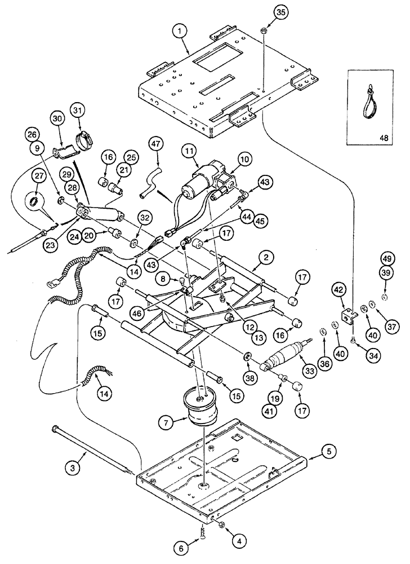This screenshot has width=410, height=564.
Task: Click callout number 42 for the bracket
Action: coord(339,289)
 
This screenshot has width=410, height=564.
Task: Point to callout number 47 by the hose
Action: coord(155,146)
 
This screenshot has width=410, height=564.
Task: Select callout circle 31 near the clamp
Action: coord(79,110)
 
